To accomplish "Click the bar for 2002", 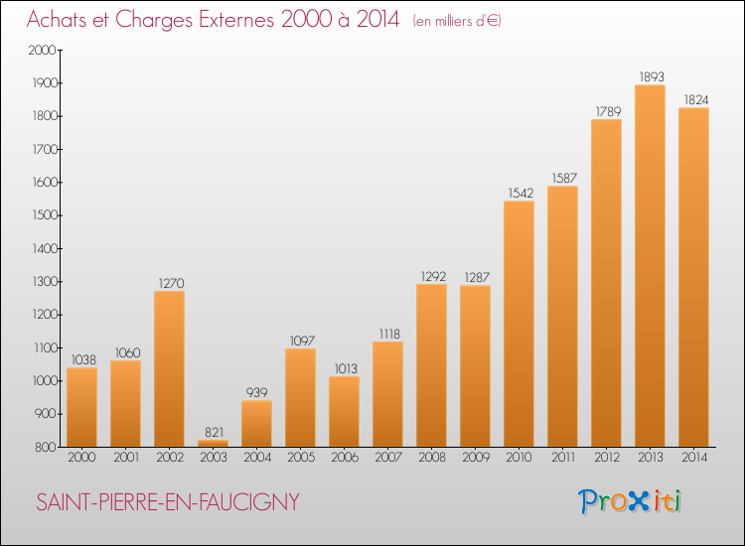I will pos(169,368).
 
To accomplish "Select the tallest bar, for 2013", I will pos(650,265).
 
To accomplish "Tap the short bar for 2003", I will pos(213,443).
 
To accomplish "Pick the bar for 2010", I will pos(519,324).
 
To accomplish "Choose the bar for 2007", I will pos(387,393).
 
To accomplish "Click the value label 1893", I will pos(650,76).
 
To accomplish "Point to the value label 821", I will pos(213,432).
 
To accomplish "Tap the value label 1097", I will pos(300,341).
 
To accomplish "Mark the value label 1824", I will pos(693,99).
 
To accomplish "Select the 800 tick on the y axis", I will pos(44,447).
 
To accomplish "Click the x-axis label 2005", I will pos(300,458).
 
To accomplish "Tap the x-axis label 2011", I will pos(562,458).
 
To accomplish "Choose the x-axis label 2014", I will pos(693,458).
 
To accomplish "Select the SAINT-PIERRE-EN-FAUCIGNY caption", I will pos(167,503).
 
